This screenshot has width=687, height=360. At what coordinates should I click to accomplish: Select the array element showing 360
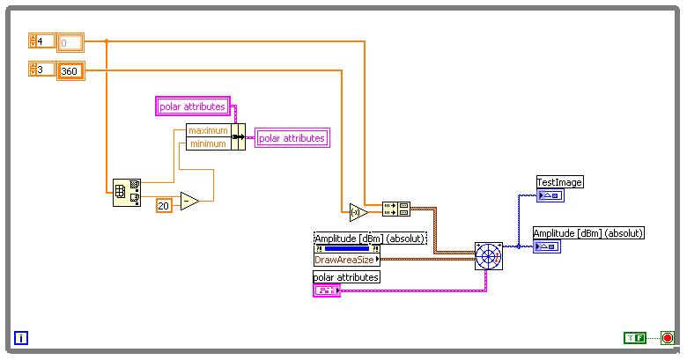(70, 71)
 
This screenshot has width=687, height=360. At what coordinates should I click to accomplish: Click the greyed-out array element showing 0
(70, 42)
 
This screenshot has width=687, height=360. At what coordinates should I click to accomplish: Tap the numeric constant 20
(164, 205)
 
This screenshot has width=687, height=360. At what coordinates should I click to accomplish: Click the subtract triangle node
(188, 202)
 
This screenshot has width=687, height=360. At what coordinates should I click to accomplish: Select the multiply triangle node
(357, 212)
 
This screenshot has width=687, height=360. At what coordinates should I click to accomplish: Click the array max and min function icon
(127, 193)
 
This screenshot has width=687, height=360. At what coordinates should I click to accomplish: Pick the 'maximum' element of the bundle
(207, 130)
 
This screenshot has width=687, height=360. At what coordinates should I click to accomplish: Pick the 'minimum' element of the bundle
(207, 143)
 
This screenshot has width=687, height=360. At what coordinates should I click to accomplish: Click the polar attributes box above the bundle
(193, 107)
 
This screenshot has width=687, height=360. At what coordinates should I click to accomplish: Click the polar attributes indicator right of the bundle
(292, 137)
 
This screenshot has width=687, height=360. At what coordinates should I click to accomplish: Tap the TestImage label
(560, 182)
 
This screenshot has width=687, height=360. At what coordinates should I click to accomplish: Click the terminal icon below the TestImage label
(550, 195)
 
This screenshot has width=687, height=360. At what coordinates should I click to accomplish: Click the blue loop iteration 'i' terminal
(21, 337)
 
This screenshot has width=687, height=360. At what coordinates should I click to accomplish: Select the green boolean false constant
(634, 337)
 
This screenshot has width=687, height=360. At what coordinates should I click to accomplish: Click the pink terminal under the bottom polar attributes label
(326, 290)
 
